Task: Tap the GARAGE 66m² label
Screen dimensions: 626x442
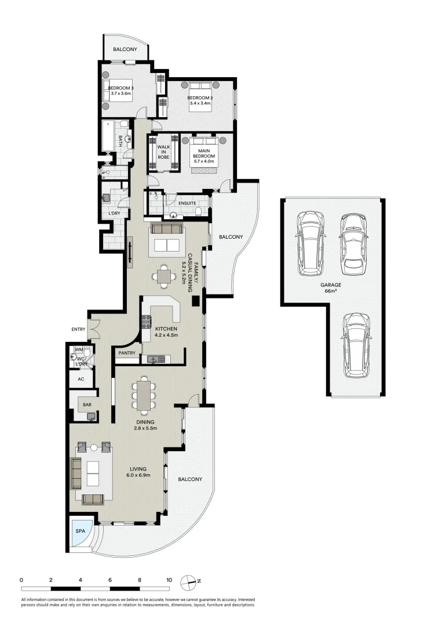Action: click(x=331, y=287)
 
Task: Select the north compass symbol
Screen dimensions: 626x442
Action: click(x=189, y=580)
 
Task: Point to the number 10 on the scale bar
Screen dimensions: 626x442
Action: click(x=169, y=580)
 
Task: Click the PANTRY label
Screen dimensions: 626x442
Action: click(x=126, y=353)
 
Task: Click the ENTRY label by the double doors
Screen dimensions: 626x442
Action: click(x=78, y=329)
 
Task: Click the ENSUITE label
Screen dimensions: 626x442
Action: click(x=187, y=203)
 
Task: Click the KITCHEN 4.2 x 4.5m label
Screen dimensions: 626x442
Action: click(x=166, y=332)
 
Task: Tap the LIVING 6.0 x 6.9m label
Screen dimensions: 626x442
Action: click(x=138, y=472)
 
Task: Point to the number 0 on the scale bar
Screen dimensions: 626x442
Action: click(x=21, y=580)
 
